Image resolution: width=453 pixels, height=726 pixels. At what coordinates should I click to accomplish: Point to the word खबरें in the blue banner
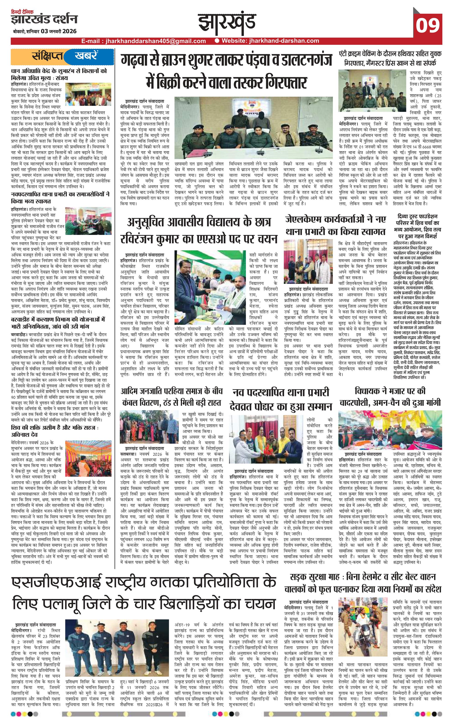tap(86, 56)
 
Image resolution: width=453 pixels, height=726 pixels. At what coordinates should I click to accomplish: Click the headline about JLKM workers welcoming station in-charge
tap(336, 225)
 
